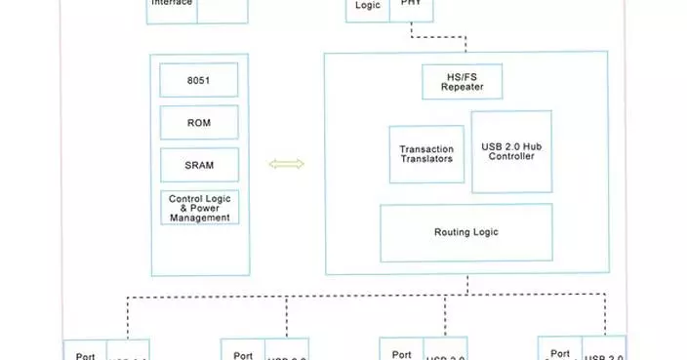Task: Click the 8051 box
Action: pos(199,80)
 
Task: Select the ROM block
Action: pos(199,123)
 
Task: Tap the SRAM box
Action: pos(199,165)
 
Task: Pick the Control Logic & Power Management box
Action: pos(199,208)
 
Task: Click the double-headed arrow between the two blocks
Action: pos(286,164)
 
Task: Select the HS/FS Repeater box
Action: pos(462,81)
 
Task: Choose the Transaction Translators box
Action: pos(426,154)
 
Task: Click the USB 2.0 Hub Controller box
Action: pos(511,151)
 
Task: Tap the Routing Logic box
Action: pos(465,232)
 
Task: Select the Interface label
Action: pos(173,4)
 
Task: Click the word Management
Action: pos(199,219)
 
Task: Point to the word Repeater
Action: pos(462,87)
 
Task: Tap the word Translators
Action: pos(426,159)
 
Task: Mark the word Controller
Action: pos(511,156)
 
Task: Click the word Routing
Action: pos(452,232)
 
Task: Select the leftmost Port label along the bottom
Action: pos(86,354)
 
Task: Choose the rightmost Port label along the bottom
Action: pos(560,353)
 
